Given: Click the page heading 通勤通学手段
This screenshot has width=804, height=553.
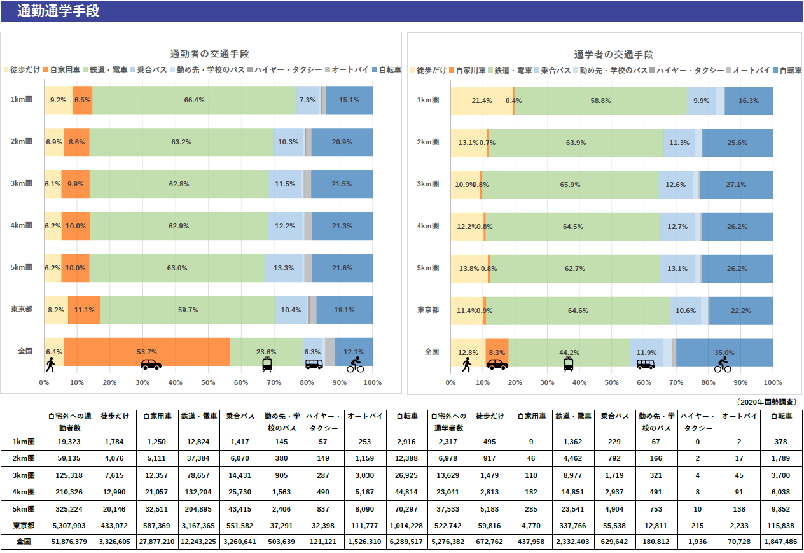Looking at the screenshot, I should point(59,11).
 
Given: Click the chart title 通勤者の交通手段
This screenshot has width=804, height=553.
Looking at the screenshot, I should point(209,54).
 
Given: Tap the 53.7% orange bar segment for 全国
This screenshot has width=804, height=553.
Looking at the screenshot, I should point(147,351).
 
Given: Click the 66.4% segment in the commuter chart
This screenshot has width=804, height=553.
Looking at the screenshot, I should point(194,100).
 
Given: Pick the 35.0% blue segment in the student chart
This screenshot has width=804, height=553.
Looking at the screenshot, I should point(724,352).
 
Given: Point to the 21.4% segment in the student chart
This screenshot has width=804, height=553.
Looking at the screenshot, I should point(482,101).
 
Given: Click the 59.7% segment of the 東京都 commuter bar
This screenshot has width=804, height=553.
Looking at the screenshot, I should point(188,310).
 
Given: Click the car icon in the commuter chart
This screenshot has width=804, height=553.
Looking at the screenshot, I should point(151,365).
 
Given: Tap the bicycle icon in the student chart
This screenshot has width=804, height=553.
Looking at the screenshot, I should point(723,365).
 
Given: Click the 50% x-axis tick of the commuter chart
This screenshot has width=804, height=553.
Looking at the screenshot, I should point(208,382).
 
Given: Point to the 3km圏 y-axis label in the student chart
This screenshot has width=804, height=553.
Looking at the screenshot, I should point(428,184).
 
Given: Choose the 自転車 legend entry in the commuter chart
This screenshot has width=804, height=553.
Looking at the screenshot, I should point(386,69).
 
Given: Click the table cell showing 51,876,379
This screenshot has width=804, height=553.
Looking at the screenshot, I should point(70,542).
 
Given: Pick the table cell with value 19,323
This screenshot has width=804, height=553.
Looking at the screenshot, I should point(70,441).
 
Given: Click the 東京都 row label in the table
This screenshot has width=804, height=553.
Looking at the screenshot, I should point(24,525).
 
